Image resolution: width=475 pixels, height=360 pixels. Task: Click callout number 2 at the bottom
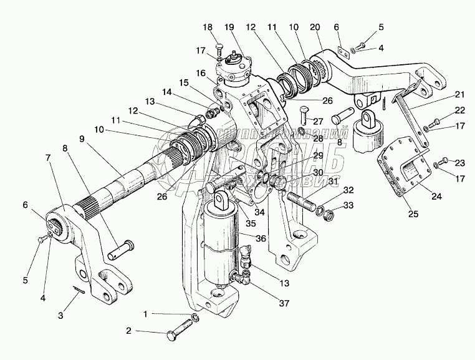pyautogui.click(x=128, y=331)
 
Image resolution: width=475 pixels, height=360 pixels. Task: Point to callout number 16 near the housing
pyautogui.click(x=200, y=72)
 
